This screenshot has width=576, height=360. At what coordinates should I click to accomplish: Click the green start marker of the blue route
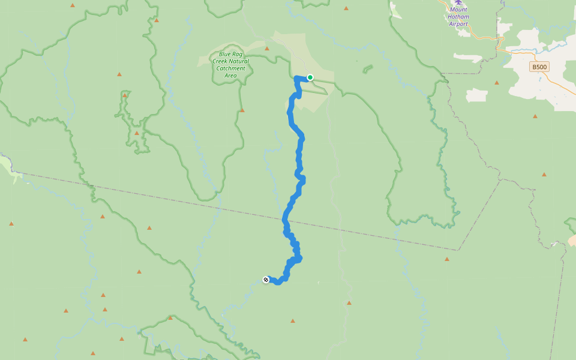(310, 77)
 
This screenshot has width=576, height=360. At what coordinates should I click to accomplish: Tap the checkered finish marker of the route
(266, 280)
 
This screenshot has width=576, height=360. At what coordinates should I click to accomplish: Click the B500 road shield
(539, 67)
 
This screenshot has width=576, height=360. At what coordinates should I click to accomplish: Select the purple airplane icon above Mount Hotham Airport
(459, 2)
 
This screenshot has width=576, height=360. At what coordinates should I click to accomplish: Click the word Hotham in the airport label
(458, 17)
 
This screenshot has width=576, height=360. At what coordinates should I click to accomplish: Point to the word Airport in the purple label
(458, 24)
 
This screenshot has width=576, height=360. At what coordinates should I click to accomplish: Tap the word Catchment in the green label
(231, 68)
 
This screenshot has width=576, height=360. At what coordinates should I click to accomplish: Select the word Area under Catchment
(231, 76)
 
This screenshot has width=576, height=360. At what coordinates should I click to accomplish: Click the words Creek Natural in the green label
(231, 61)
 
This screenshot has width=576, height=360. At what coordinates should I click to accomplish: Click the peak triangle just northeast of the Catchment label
(267, 49)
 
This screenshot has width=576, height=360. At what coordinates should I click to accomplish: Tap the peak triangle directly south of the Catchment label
(242, 110)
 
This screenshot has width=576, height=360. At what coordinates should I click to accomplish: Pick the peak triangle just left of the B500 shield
(497, 82)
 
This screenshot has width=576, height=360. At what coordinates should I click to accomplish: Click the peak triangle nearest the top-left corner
(73, 5)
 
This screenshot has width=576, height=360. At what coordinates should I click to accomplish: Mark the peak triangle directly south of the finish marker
(293, 321)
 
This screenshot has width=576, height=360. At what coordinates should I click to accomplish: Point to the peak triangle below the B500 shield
(535, 116)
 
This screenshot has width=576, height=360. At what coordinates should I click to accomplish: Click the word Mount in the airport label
(458, 10)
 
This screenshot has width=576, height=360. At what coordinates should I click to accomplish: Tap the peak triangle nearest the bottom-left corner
(25, 340)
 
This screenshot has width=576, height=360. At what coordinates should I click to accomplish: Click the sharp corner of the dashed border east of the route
(459, 250)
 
